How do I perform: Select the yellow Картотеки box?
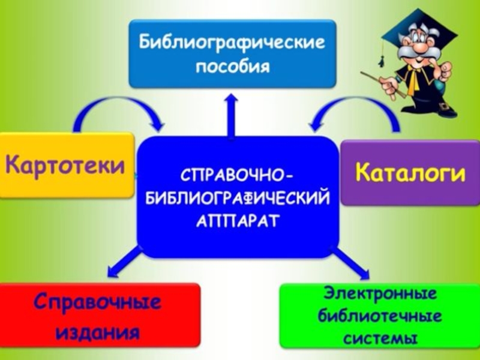(x=67, y=165)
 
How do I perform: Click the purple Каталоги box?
(x=410, y=173)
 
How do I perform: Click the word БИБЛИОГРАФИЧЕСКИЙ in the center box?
(x=238, y=199)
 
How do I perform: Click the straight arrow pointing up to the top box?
(x=231, y=114)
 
